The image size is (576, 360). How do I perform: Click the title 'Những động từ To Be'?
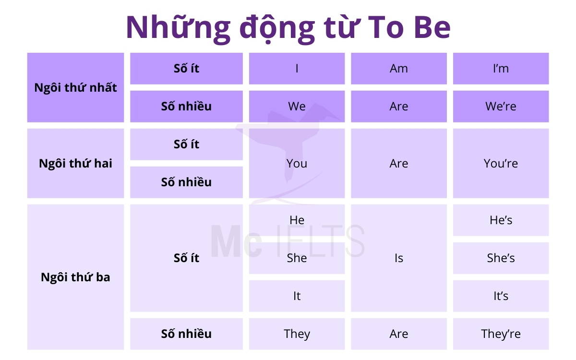click(x=288, y=27)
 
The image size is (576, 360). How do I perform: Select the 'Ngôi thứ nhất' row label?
click(x=75, y=88)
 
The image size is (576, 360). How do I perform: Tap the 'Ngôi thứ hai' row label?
click(x=75, y=163)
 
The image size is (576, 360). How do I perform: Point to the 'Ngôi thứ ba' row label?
click(x=75, y=277)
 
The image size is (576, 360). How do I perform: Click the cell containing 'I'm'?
click(x=501, y=69)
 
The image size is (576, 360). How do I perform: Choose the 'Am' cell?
click(x=398, y=69)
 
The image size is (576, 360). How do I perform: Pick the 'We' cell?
click(x=297, y=106)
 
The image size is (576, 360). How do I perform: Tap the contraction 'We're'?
click(x=501, y=106)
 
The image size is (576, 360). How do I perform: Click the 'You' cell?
click(x=297, y=163)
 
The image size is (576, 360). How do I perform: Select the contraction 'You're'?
click(x=501, y=163)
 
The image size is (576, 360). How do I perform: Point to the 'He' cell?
click(x=297, y=220)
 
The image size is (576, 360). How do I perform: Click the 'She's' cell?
click(x=501, y=258)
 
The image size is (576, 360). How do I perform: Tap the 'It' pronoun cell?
click(x=297, y=296)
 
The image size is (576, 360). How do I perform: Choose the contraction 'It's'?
click(x=501, y=296)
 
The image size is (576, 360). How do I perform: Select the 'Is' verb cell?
click(x=398, y=258)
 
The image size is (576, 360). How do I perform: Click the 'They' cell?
click(x=297, y=334)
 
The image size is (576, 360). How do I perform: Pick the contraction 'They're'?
click(x=501, y=334)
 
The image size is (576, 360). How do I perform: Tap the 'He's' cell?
click(x=501, y=220)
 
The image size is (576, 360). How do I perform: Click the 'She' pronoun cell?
click(x=297, y=258)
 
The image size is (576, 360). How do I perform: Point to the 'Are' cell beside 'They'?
click(x=398, y=334)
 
